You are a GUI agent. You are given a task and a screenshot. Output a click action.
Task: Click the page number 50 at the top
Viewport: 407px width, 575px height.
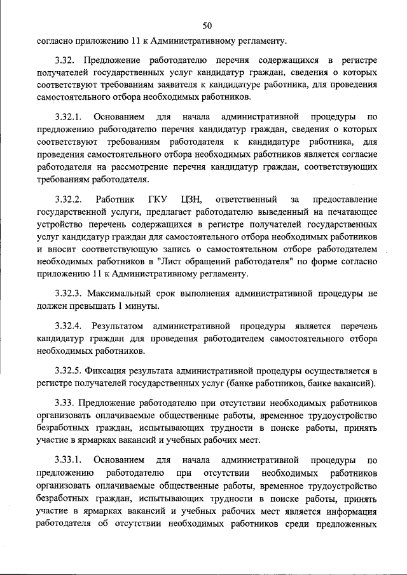(x=207, y=26)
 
